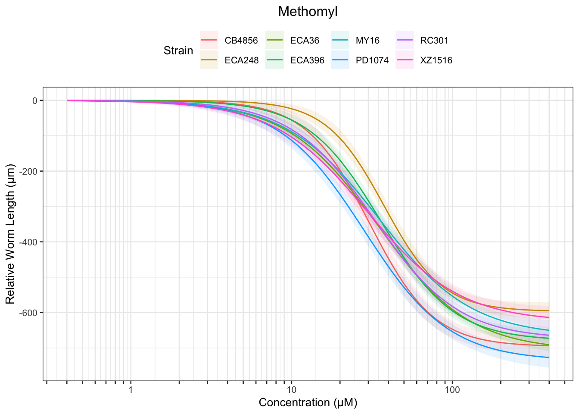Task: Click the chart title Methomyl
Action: pyautogui.click(x=308, y=12)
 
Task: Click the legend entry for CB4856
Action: pyautogui.click(x=241, y=41)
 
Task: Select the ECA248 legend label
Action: pyautogui.click(x=241, y=60)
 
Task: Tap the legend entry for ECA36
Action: pyautogui.click(x=305, y=41)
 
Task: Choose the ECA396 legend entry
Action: pyautogui.click(x=307, y=60)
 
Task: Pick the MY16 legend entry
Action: pyautogui.click(x=367, y=41)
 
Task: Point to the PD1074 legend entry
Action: pyautogui.click(x=372, y=60)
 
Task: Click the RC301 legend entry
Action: pyautogui.click(x=434, y=41)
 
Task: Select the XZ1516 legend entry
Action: pyautogui.click(x=436, y=60)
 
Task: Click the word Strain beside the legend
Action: pyautogui.click(x=178, y=50)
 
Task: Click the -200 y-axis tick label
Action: pyautogui.click(x=29, y=171)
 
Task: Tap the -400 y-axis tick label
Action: pyautogui.click(x=29, y=242)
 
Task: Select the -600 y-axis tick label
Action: pyautogui.click(x=29, y=313)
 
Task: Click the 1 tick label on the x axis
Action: pyautogui.click(x=131, y=390)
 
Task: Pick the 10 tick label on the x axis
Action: pyautogui.click(x=291, y=390)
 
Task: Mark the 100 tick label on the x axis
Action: pyautogui.click(x=452, y=390)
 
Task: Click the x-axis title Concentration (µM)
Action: pyautogui.click(x=308, y=403)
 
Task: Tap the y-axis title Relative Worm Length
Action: pyautogui.click(x=10, y=234)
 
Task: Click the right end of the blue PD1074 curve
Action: pyautogui.click(x=548, y=358)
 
